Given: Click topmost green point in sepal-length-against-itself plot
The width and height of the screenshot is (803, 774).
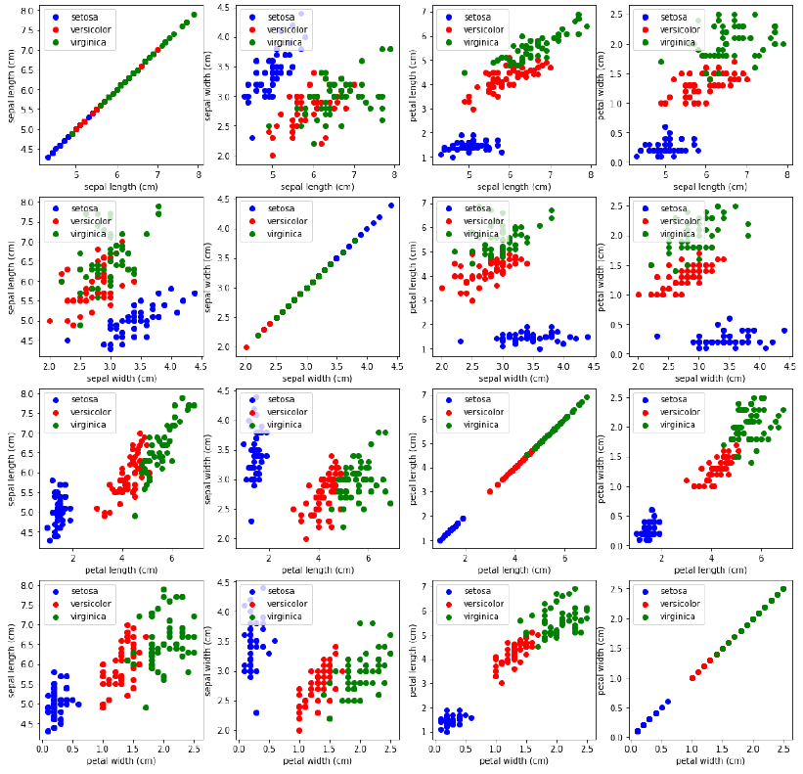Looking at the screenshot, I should pos(194,15).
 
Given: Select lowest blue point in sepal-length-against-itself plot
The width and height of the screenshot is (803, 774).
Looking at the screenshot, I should pos(48,157).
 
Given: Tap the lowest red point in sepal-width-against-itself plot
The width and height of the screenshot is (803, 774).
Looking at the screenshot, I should pos(246,346).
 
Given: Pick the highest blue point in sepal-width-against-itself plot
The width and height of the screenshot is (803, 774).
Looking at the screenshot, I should pos(391,205).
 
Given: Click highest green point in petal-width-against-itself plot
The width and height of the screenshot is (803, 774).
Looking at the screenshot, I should pos(782,589).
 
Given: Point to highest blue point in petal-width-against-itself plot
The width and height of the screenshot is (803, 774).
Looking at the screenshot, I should pos(668,701).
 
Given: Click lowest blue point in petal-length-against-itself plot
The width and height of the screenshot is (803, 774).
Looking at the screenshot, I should pos(440,539).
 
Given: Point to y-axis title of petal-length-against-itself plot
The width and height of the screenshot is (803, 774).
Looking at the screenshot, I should pos(414,468).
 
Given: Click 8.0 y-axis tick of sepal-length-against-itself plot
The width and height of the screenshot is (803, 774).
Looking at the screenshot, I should pos(28,11).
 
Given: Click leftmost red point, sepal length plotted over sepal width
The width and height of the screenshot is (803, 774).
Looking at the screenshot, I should pos(50,320).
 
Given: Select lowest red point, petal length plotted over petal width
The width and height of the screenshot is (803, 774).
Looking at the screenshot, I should pos(502,683).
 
